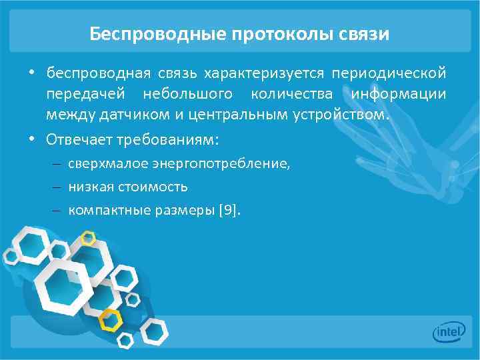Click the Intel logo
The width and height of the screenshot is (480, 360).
coord(449,331)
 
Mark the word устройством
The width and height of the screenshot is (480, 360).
coord(339,115)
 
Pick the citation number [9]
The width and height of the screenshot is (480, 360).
coord(227,211)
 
